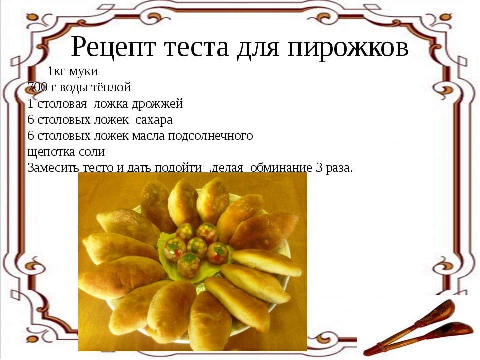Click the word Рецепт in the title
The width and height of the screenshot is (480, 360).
pos(113,48)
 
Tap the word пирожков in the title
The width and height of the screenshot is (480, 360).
pos(348,48)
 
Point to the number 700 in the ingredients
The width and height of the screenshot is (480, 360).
pos(37,87)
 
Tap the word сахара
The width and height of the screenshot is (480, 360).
pos(154,120)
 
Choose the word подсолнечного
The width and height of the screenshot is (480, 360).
pos(211,136)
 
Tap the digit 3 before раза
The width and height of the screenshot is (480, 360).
pos(319,168)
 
